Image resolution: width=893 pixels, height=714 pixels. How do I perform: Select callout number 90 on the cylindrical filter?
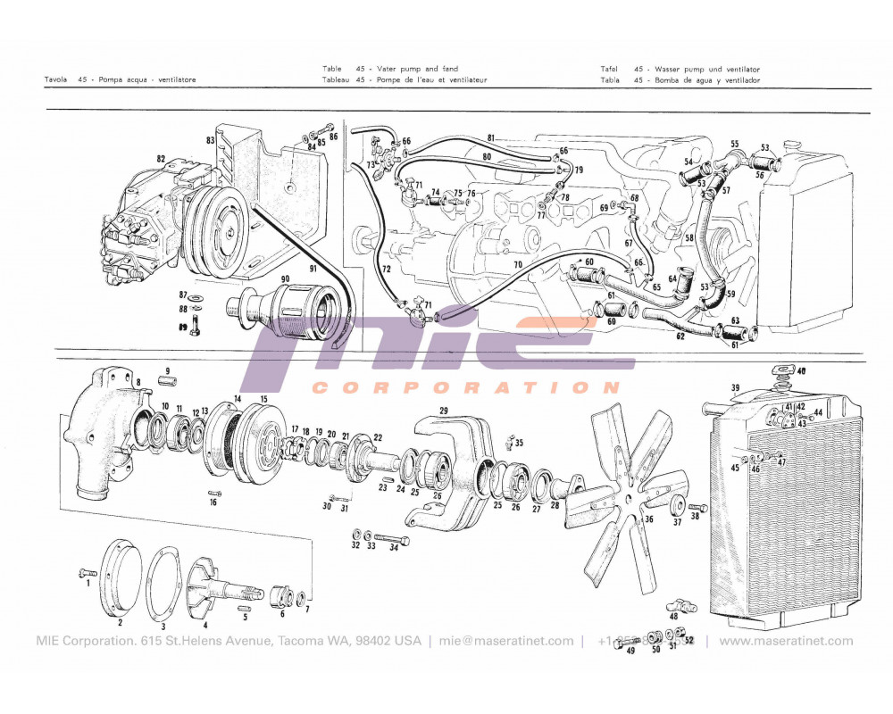(286, 280)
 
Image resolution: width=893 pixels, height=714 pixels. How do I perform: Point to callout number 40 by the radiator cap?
(800, 370)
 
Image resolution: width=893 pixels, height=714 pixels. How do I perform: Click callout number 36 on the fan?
(648, 519)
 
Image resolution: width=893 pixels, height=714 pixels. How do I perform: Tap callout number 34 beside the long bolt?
(393, 547)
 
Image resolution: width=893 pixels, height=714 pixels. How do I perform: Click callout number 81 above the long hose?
(490, 137)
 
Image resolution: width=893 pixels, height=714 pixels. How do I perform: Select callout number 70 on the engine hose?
(517, 265)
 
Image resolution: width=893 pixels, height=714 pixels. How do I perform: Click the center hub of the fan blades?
(630, 497)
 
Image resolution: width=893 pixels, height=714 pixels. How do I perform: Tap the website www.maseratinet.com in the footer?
(786, 641)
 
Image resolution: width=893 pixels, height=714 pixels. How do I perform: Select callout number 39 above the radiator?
(735, 387)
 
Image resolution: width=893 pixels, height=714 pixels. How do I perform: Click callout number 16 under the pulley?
(213, 502)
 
